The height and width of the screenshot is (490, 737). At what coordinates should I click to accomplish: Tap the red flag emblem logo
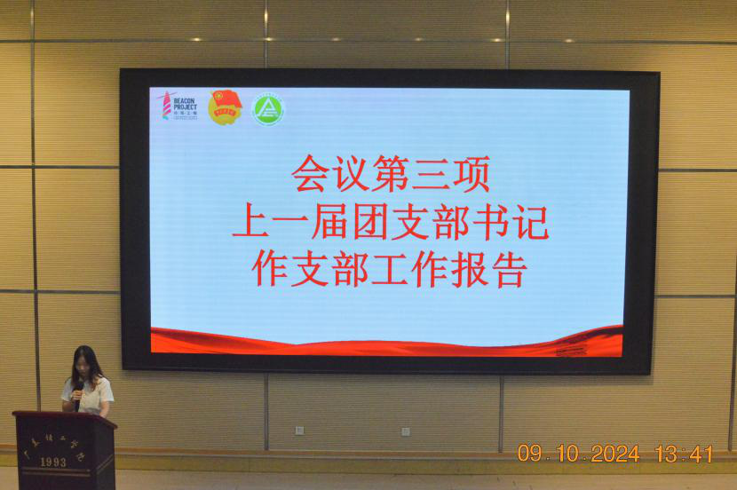(225, 107)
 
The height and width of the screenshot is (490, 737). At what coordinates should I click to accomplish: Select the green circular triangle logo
(267, 108)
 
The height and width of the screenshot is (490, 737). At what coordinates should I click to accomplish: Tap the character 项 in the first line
(471, 173)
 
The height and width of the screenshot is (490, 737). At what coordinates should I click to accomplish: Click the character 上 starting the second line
(250, 221)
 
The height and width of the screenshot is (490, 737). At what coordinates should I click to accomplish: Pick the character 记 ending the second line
(530, 221)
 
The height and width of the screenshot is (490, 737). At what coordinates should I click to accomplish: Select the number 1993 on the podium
(52, 462)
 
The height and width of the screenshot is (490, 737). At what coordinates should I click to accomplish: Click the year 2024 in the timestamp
(615, 454)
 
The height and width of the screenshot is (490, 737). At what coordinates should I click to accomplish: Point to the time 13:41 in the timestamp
(684, 454)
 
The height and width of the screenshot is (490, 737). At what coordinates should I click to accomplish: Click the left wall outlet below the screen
(299, 431)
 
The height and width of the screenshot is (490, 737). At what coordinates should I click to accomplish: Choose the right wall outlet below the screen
(406, 431)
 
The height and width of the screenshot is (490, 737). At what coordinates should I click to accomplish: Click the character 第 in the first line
(390, 173)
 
